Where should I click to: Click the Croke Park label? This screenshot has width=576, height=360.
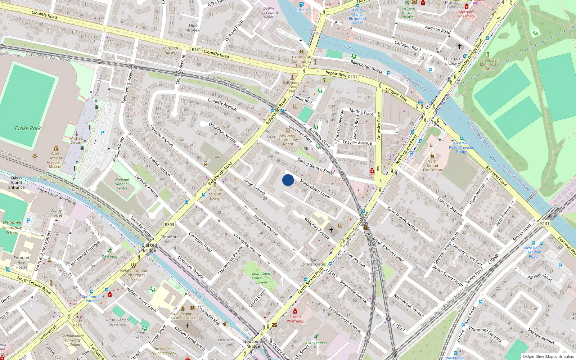click(28, 128)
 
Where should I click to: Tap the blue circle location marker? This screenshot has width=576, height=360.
click(288, 180)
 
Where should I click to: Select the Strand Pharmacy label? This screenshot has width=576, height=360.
click(295, 319)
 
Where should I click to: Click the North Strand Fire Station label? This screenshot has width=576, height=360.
click(432, 166)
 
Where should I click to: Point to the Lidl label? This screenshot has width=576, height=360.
click(216, 157)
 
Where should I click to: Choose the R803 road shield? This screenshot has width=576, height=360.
click(169, 224)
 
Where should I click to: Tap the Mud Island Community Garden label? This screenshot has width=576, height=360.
click(261, 278)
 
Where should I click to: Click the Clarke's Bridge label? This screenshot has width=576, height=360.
click(149, 248)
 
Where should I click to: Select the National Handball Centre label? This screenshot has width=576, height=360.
click(122, 184)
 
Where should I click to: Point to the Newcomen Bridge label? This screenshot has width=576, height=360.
click(253, 344)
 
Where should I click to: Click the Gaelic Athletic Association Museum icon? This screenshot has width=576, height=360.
click(56, 148)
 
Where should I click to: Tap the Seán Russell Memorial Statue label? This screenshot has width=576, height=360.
click(488, 65)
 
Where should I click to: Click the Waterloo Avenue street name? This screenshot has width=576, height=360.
click(317, 228)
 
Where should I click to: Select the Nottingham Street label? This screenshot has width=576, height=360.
click(315, 189)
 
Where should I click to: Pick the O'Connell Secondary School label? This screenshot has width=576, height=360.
click(12, 228)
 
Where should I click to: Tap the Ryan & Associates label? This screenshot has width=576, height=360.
click(314, 262)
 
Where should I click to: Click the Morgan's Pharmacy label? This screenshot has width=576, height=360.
click(467, 14)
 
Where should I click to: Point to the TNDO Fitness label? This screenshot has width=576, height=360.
click(316, 343)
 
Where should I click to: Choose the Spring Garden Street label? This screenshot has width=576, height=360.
click(316, 167)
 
